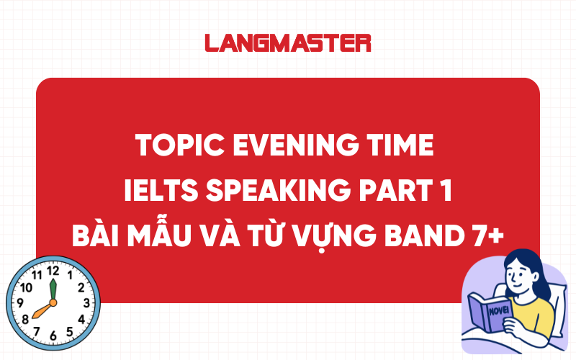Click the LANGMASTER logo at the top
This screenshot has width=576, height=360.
(288, 42)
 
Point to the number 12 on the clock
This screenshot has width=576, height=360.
(52, 271)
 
